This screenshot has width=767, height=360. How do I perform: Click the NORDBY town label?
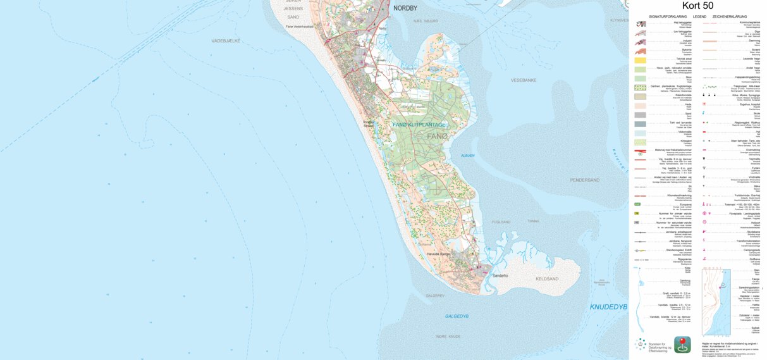pyautogui.click(x=405, y=8)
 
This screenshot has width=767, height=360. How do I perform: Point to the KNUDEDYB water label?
pyautogui.click(x=608, y=307)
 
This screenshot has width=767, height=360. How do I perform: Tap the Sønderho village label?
pyautogui.click(x=500, y=276)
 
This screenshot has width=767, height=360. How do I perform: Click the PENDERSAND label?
pyautogui.click(x=584, y=180)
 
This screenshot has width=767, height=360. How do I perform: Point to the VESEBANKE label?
pyautogui.click(x=524, y=80)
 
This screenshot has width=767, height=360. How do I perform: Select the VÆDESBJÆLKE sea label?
pyautogui.click(x=226, y=40)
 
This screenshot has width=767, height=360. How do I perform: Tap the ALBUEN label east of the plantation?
pyautogui.click(x=468, y=155)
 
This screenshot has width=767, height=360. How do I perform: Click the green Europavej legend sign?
pyautogui.click(x=638, y=204)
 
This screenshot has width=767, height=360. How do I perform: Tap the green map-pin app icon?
pyautogui.click(x=682, y=344)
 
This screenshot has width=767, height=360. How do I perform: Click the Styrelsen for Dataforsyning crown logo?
pyautogui.click(x=641, y=345)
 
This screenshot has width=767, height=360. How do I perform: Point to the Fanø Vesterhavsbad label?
pyautogui.click(x=300, y=27)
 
